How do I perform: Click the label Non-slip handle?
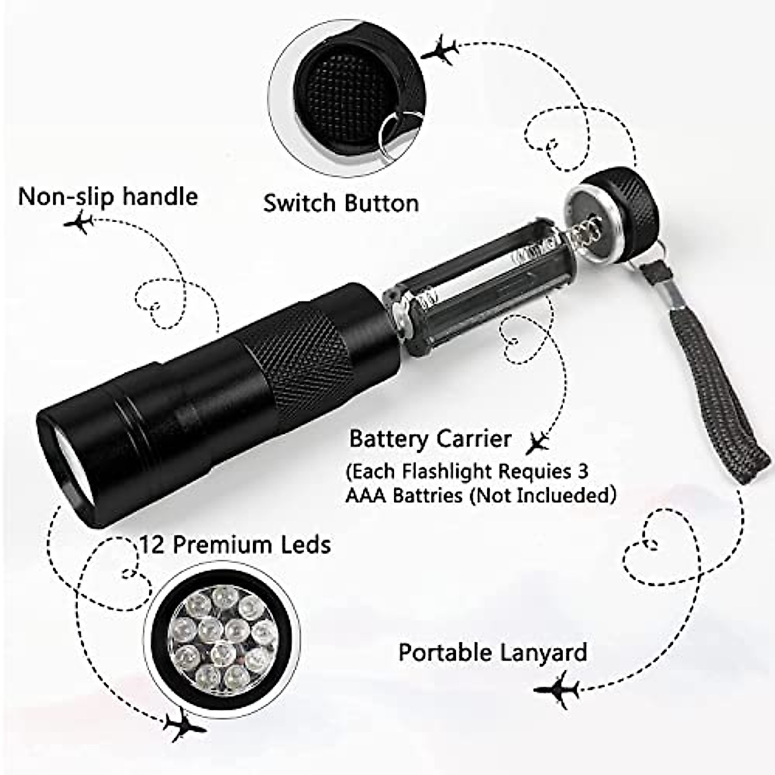[108, 196]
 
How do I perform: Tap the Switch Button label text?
[340, 203]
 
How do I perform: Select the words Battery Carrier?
[430, 439]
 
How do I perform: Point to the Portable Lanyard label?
[492, 652]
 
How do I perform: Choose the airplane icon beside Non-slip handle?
[79, 224]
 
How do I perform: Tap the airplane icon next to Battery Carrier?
[537, 443]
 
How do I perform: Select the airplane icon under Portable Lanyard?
[557, 690]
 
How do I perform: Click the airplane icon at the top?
[440, 50]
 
